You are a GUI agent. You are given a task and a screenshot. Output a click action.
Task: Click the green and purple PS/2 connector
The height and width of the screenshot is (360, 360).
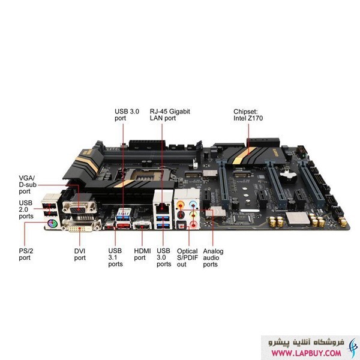[x=52, y=223]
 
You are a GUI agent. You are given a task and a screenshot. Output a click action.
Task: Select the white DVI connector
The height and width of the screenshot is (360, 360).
[x=82, y=226]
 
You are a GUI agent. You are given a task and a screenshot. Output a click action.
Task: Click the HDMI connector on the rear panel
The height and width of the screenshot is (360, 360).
[x=142, y=226]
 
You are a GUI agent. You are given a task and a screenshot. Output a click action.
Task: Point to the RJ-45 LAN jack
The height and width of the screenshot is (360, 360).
[x=163, y=208]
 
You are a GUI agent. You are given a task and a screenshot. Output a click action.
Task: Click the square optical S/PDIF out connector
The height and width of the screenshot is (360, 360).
[x=182, y=226]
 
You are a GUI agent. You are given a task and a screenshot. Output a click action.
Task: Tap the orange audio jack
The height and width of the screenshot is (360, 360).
[x=181, y=203]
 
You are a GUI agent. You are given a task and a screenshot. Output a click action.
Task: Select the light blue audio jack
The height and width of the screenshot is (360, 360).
[x=194, y=203]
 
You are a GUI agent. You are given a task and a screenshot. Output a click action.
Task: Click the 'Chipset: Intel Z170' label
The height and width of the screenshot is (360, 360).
[x=248, y=115]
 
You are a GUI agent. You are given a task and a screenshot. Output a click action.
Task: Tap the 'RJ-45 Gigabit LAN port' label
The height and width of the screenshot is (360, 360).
[x=170, y=115]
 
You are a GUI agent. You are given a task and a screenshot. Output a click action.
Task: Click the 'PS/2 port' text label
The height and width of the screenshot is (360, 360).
[x=26, y=254]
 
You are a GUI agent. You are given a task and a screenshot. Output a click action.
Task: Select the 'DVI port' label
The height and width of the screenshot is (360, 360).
[x=80, y=254]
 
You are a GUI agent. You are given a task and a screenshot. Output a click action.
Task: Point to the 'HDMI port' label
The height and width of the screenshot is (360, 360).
[x=142, y=254]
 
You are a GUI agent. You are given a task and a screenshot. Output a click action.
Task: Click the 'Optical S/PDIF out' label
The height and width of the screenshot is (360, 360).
[x=187, y=257]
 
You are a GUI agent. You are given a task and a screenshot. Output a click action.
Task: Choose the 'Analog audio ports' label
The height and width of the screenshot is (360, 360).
[x=213, y=257]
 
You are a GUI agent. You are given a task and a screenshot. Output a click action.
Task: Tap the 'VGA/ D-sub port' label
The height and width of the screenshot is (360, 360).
[x=28, y=185]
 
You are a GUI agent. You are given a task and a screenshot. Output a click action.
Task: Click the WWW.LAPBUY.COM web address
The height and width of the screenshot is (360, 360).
[x=306, y=353]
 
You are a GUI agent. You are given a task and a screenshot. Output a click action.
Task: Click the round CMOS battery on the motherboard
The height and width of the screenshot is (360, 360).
[x=288, y=176]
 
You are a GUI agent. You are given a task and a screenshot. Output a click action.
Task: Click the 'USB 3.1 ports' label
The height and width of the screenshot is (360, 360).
[x=115, y=257]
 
